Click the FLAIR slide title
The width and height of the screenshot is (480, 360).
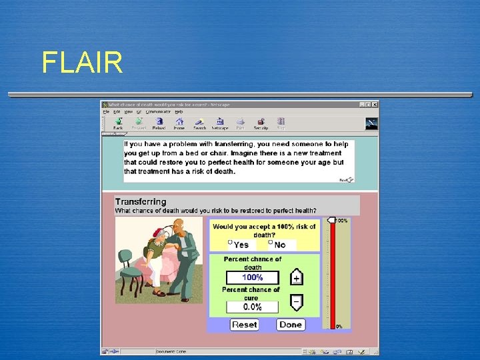(82, 63)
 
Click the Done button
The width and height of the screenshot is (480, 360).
(291, 325)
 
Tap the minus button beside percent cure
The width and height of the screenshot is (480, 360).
(297, 302)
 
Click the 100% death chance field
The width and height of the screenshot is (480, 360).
(252, 277)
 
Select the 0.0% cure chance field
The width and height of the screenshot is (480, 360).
(252, 307)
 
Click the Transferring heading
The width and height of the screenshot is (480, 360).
(141, 201)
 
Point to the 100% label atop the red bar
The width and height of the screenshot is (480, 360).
(341, 221)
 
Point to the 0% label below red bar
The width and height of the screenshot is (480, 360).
(339, 327)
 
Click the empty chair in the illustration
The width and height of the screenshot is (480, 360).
(128, 270)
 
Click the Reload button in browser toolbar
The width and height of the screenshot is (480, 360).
(159, 123)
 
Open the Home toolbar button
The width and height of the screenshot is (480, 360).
(179, 123)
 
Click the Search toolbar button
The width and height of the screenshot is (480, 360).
(199, 123)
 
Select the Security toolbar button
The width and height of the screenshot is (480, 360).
(261, 123)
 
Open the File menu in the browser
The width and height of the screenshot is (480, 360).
(105, 112)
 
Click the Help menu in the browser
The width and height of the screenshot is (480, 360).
(179, 112)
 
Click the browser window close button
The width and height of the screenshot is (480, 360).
(375, 105)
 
